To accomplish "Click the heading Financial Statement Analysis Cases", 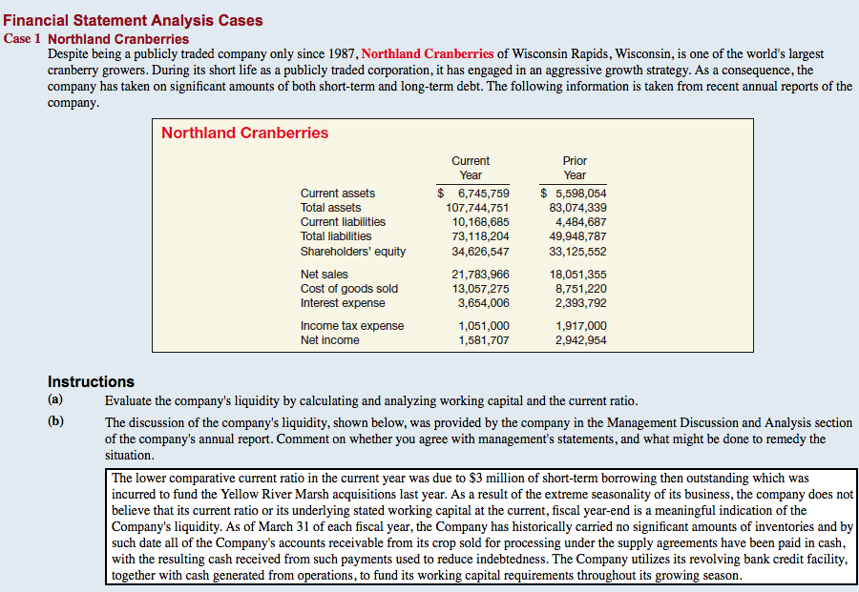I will coord(134,20).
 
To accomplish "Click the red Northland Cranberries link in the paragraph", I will coord(428,53).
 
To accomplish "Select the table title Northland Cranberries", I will coord(244,133).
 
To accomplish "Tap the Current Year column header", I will coord(471,168).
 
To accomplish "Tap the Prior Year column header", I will coord(575,168).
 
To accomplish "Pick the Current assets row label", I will coord(338,194).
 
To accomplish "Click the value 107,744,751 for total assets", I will coord(477,208).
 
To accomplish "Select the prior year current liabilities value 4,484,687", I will coord(580,222).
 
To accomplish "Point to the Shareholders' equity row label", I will coord(353,252).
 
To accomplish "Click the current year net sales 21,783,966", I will coord(480,275).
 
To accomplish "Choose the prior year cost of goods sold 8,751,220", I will coord(580,289).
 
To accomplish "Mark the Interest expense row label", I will coord(343,303).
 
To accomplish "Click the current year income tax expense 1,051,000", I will coord(483,326).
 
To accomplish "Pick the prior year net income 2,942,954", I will coord(580,340).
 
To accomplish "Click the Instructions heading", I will coord(91,381).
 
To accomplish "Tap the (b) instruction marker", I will coord(56,422).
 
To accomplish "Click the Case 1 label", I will coord(23,39).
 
